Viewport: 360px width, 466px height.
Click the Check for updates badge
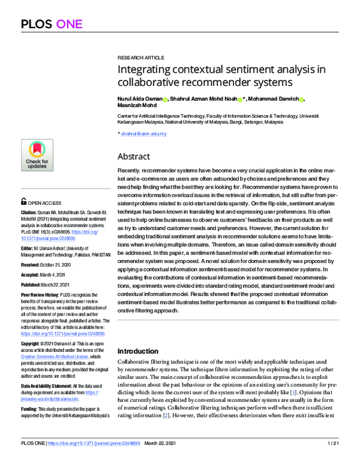(x=37, y=156)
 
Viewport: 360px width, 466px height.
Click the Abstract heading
(x=134, y=156)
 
